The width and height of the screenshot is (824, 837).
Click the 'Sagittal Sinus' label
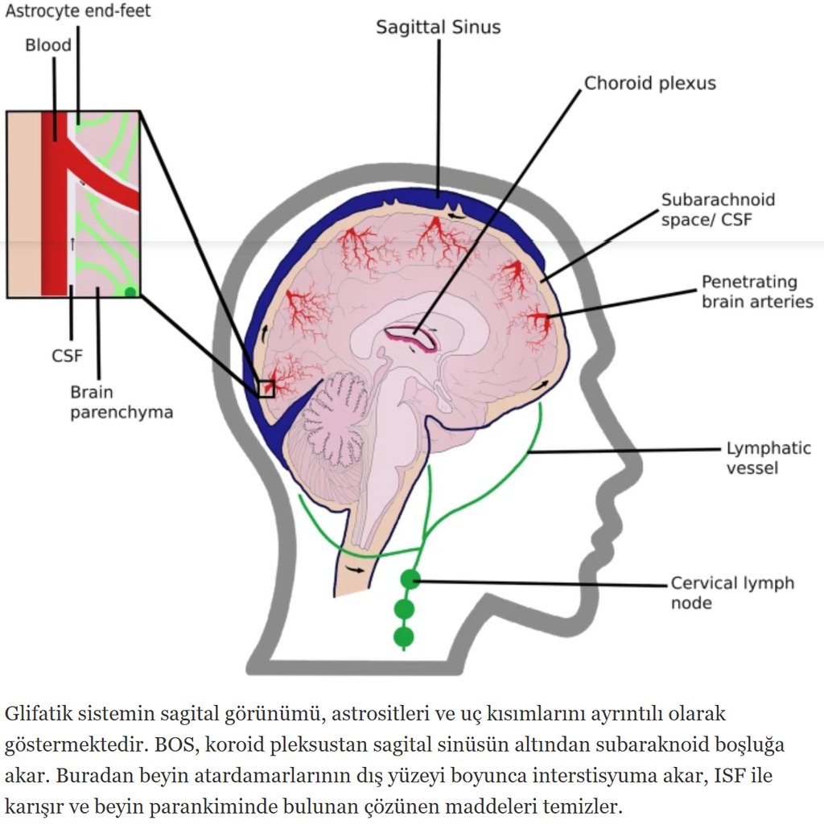coord(439,27)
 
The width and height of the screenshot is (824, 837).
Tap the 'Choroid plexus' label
coord(649,83)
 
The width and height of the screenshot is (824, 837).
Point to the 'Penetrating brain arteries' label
coord(756,292)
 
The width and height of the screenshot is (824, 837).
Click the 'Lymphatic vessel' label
coord(768,457)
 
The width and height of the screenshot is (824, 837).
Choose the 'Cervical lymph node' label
coord(732,592)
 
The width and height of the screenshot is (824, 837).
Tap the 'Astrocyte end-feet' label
coord(78,11)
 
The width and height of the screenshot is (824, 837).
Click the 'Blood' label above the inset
coord(48,45)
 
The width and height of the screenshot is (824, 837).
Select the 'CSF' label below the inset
coord(68,355)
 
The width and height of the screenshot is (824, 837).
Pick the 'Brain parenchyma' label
coord(121,402)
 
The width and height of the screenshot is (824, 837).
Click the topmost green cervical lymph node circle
coord(410,579)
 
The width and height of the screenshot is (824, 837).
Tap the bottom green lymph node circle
coord(403,637)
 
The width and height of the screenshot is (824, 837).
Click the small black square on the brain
coord(266,389)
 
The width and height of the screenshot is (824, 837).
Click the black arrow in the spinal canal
coord(355,569)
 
